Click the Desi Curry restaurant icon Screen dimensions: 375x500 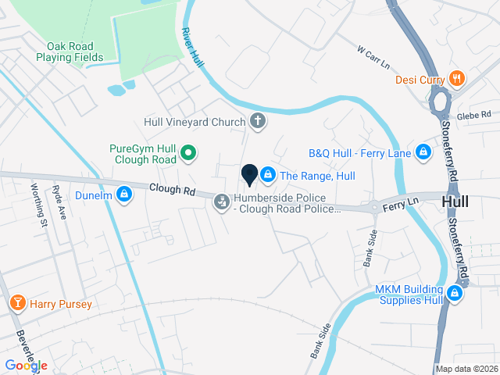[458, 79]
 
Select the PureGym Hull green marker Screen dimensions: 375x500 [187, 152]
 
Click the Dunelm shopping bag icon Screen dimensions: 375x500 [123, 194]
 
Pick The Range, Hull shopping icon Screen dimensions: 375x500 [268, 174]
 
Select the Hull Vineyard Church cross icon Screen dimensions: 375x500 [256, 122]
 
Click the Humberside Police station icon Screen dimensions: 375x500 [222, 202]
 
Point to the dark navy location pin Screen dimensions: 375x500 [250, 176]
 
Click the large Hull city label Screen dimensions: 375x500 [455, 202]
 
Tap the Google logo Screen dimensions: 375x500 [26, 365]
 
